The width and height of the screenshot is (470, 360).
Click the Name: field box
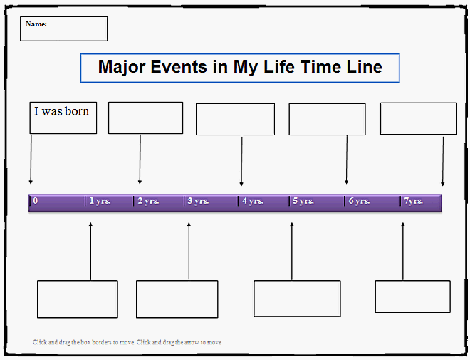[x=63, y=29]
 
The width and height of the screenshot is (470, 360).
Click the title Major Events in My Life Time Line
[x=240, y=68]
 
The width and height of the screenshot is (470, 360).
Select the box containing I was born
[x=63, y=118]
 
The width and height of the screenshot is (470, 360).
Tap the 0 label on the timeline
[x=35, y=202]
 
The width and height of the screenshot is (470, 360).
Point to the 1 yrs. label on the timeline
[x=100, y=202]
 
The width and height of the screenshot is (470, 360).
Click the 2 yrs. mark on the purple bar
[x=149, y=202]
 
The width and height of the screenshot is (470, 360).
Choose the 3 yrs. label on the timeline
[x=198, y=202]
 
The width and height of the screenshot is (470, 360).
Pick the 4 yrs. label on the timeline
[x=253, y=202]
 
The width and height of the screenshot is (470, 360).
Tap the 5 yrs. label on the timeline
[x=303, y=202]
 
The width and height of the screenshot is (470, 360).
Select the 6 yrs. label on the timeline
[x=358, y=202]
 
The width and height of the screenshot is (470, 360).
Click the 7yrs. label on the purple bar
[x=414, y=202]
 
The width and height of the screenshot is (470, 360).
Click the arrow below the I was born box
[x=31, y=158]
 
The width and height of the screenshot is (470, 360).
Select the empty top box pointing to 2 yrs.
[x=145, y=118]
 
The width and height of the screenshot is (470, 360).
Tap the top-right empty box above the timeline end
[x=418, y=118]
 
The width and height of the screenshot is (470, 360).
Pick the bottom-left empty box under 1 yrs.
[x=77, y=299]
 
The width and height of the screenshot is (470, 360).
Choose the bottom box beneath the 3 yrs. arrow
[x=177, y=299]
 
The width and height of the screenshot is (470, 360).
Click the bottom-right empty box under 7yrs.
[x=412, y=297]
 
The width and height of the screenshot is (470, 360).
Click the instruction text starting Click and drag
[x=127, y=342]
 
